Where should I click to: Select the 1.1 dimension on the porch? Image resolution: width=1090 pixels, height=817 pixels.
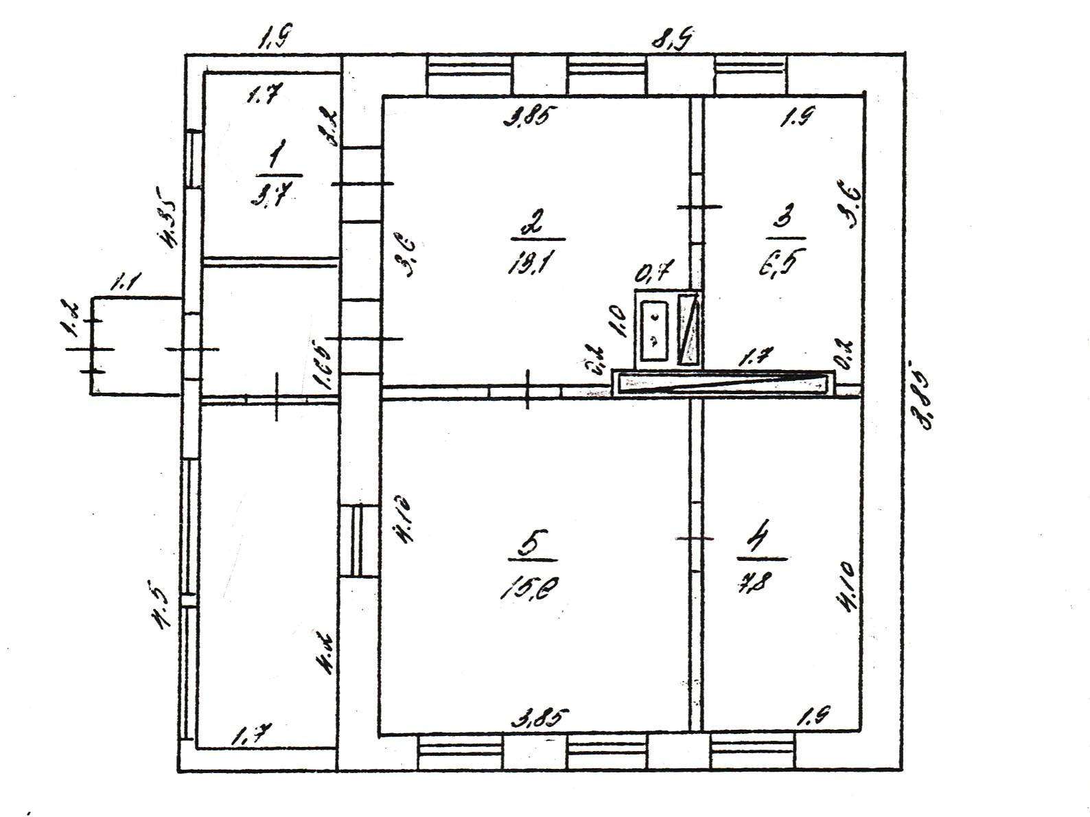click(126, 281)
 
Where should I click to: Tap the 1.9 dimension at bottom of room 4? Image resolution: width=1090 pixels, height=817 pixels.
click(813, 716)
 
